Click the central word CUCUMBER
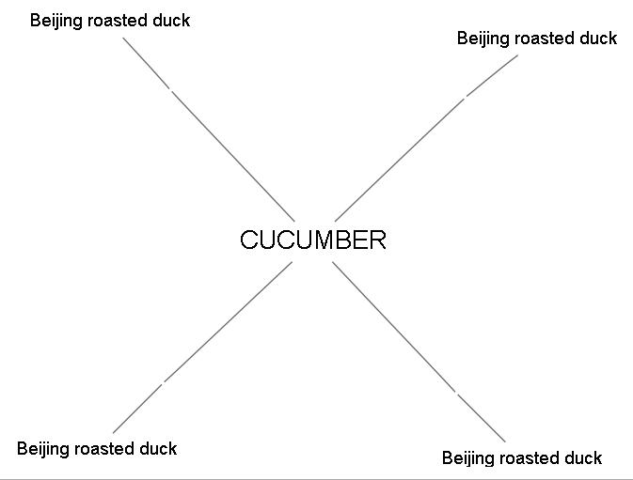pyautogui.click(x=312, y=240)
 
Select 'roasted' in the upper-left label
pyautogui.click(x=118, y=20)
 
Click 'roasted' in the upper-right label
pyautogui.click(x=545, y=38)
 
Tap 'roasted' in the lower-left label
pyautogui.click(x=104, y=448)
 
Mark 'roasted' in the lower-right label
pyautogui.click(x=530, y=457)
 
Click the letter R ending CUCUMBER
pyautogui.click(x=377, y=240)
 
